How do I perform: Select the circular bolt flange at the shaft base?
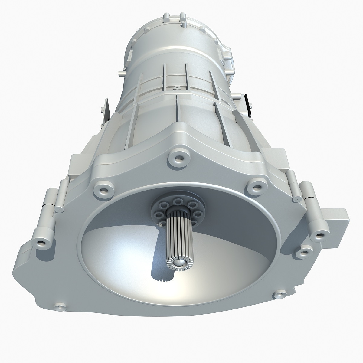[x=178, y=209]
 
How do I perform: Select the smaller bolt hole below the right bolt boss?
[x=302, y=253]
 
